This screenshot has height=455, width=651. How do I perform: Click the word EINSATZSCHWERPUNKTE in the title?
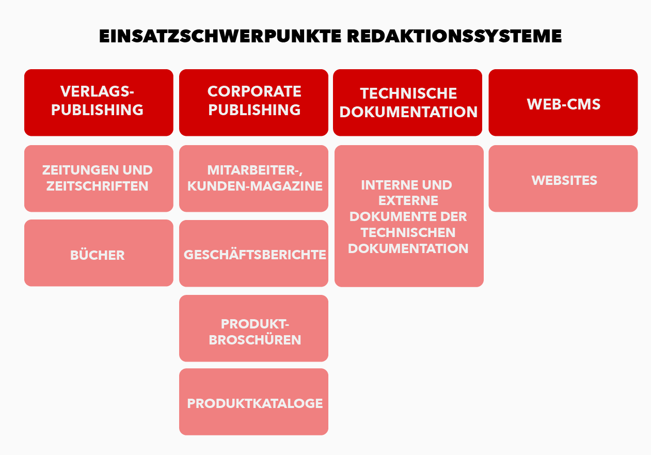coord(220,36)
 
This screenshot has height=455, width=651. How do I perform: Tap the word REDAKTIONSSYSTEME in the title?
coord(454,36)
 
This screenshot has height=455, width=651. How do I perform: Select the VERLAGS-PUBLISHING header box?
coord(99,102)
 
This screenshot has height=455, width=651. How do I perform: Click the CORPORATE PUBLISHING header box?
coord(253,102)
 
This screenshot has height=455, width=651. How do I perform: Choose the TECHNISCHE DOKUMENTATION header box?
coord(407,102)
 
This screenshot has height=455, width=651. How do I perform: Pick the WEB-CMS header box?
coord(563,102)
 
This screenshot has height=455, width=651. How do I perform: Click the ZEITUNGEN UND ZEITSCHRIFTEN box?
coord(99,179)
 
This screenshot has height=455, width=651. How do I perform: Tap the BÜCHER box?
coord(99,253)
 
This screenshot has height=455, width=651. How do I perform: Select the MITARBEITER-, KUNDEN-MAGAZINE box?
coord(253,179)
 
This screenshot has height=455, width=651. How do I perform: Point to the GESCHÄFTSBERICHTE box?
coord(253,253)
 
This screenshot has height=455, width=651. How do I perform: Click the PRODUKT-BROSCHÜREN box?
coord(253,328)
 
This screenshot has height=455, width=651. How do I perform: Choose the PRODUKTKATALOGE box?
coord(253,402)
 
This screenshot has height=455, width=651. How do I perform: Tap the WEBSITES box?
coord(563,179)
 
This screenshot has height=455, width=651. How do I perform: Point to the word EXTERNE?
coord(408,200)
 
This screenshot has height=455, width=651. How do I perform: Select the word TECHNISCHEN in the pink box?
coord(408,232)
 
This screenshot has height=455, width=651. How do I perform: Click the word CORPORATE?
coord(255,91)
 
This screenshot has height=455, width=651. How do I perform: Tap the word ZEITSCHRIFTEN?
coord(98,186)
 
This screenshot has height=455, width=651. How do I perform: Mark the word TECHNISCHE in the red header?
coord(408,93)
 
